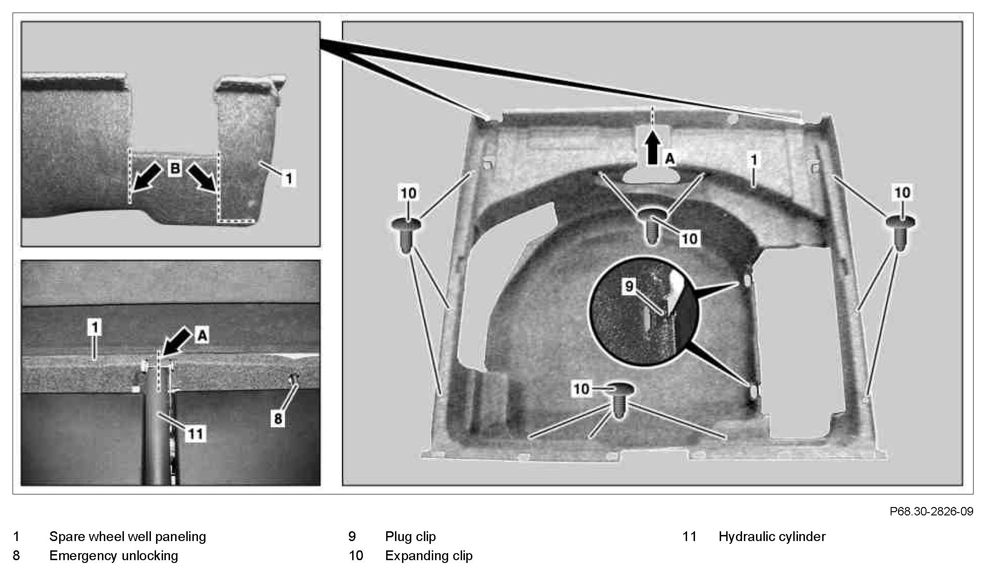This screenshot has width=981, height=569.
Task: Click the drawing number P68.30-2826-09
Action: pyautogui.click(x=931, y=511)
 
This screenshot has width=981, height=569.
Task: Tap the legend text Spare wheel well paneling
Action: pyautogui.click(x=127, y=536)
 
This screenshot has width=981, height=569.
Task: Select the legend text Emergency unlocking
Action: pyautogui.click(x=113, y=555)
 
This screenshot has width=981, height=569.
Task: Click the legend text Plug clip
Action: pyautogui.click(x=410, y=536)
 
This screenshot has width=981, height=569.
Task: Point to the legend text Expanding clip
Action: pyautogui.click(x=429, y=555)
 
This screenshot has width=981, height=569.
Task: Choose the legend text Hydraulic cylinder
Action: pyautogui.click(x=771, y=536)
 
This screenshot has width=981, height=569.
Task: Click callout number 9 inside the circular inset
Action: pyautogui.click(x=629, y=286)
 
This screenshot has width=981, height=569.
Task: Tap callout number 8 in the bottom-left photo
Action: pyautogui.click(x=278, y=418)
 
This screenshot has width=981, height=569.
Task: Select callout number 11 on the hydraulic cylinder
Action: pyautogui.click(x=195, y=434)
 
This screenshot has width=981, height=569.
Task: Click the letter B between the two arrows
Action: pyautogui.click(x=175, y=168)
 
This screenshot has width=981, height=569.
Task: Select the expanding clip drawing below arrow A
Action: pyautogui.click(x=653, y=226)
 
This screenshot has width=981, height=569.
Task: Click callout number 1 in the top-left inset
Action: pyautogui.click(x=289, y=178)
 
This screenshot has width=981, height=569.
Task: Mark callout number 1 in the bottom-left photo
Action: pyautogui.click(x=95, y=327)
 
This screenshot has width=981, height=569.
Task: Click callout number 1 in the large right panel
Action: pyautogui.click(x=754, y=160)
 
